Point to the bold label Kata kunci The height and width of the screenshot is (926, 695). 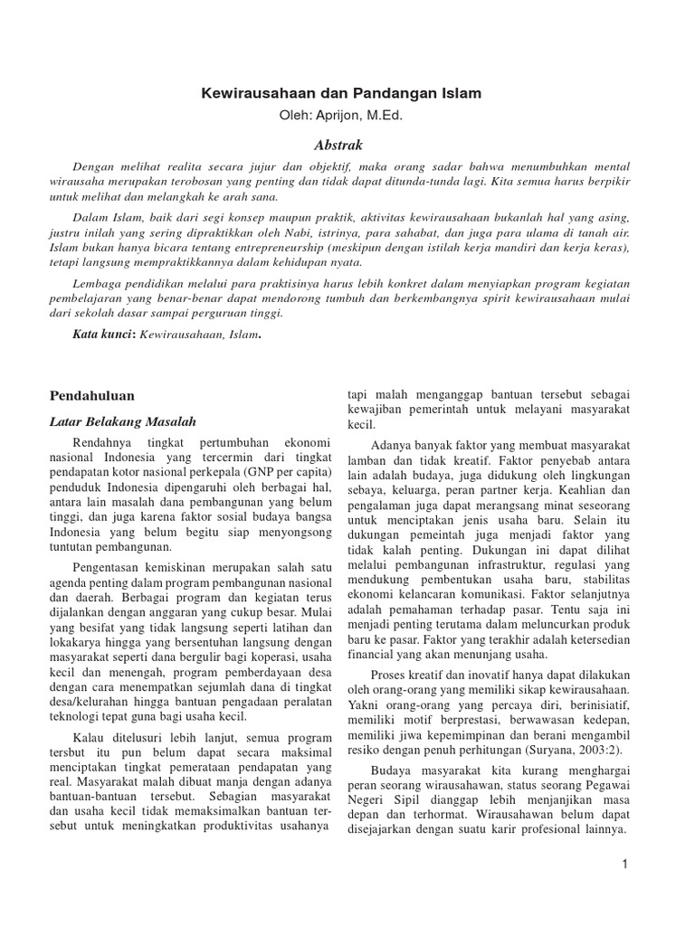pos(103,334)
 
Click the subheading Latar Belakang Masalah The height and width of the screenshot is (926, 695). pos(121,421)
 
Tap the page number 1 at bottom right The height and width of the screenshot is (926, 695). pos(625,865)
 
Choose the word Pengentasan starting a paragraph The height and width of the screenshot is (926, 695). pos(108,563)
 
